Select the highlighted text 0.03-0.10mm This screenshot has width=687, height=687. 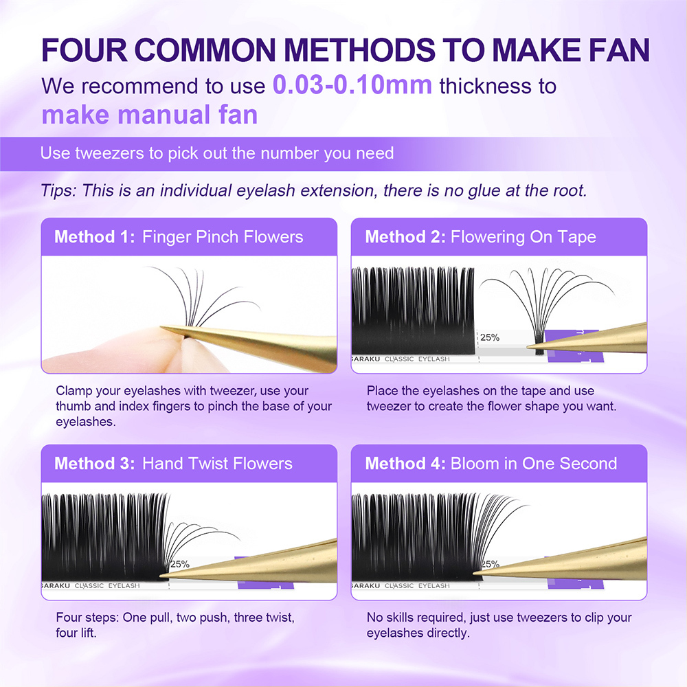click(x=352, y=85)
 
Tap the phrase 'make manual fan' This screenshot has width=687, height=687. click(x=149, y=114)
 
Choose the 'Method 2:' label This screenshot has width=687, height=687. click(x=405, y=238)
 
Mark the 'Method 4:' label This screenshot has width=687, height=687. click(x=405, y=463)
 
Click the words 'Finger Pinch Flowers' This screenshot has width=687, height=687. click(x=222, y=238)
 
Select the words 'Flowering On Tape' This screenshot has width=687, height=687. click(x=523, y=238)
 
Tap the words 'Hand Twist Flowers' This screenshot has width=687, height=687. click(x=217, y=463)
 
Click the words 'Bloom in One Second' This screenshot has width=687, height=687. click(x=533, y=463)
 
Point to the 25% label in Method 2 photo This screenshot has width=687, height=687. click(x=490, y=337)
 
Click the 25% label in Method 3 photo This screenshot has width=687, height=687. click(x=180, y=564)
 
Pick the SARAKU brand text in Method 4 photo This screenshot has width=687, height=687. click(x=365, y=586)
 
